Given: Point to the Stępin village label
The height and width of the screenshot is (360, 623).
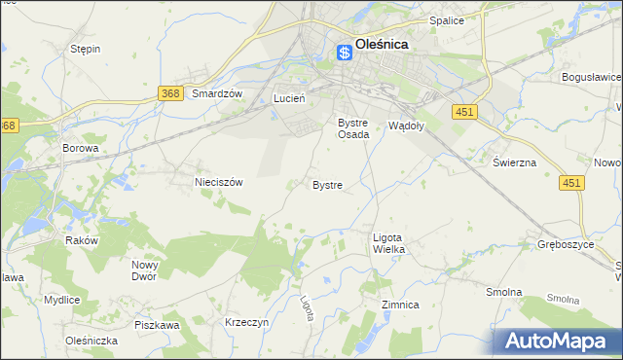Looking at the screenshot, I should [86, 49].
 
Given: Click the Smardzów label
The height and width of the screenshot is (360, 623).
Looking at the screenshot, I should [216, 93].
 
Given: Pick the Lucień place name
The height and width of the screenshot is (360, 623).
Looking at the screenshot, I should [290, 98].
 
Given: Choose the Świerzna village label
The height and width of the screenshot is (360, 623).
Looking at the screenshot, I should [514, 162].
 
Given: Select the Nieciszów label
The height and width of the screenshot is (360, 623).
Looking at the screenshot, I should [218, 181].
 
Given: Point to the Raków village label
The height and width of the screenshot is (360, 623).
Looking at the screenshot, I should [82, 240].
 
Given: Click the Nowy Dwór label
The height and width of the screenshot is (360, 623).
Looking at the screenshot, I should [145, 270].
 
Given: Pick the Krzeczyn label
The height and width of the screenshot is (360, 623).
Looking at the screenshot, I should [245, 322].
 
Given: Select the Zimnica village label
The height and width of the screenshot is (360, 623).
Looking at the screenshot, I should [400, 305].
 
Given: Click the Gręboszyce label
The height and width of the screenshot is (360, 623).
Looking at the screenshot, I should [566, 244].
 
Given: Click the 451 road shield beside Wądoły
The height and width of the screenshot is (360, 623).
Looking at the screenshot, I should [464, 113].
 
